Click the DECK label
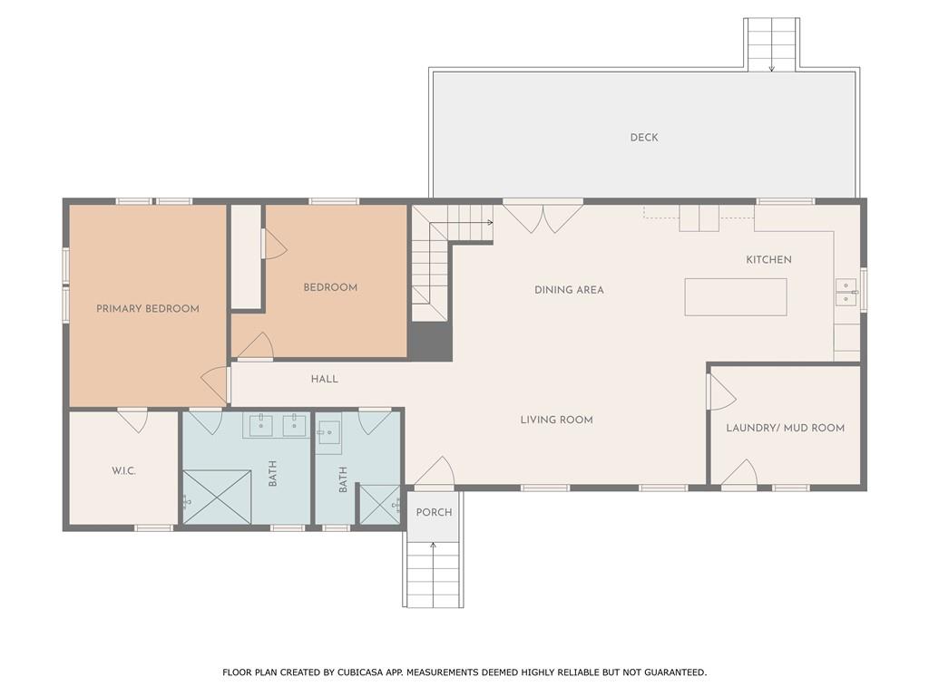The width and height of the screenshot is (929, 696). pos(644,138)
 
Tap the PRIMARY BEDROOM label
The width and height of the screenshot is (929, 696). pos(148,308)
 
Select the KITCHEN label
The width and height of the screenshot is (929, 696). pos(768,259)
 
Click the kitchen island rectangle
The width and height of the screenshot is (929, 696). pos(736,297)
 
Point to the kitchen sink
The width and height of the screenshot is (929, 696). pos(846,293)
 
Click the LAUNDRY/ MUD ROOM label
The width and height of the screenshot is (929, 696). pos(785,428)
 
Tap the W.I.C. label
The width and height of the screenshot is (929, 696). pos(123,471)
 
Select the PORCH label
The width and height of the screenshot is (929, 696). pos(434,513)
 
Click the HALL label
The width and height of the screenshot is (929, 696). pos(325,379)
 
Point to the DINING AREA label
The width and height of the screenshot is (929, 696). pos(569,290)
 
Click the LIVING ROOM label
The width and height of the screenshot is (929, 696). pos(556,420)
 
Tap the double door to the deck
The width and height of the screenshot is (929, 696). pos(543,217)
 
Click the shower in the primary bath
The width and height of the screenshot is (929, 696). pos(217,498)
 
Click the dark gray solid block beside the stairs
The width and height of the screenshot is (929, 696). pos(430,341)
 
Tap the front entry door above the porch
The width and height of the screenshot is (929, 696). pos(435,472)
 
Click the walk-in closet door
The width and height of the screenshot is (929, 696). pos(132,420)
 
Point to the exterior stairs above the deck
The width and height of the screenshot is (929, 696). pos(772,44)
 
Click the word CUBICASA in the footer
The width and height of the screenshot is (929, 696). pos(359,672)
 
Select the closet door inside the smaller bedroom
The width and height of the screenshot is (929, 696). pos(274,244)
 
